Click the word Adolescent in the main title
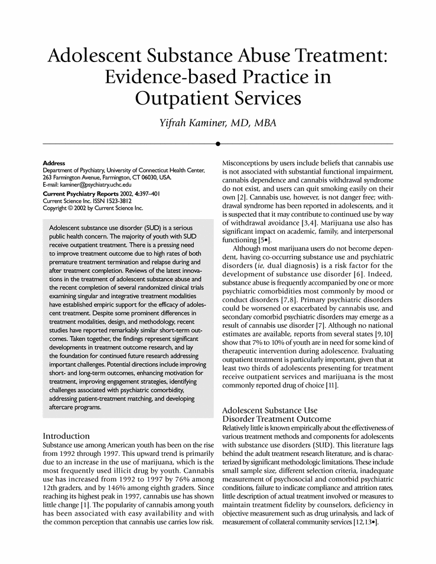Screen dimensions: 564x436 (x=88, y=57)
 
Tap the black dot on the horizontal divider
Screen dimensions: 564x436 (x=218, y=144)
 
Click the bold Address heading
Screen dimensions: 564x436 (x=54, y=163)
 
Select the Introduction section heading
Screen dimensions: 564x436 (x=66, y=436)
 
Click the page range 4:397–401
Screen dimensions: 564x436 (x=144, y=194)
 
